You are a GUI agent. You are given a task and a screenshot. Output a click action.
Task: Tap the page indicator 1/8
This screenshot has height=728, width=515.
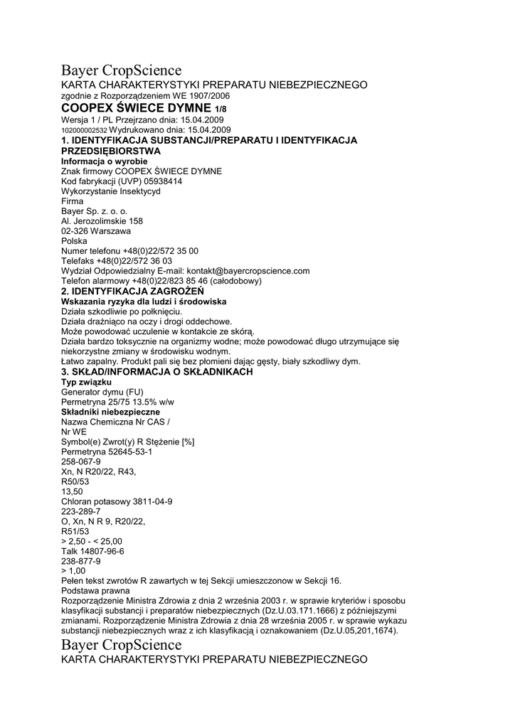pyautogui.click(x=221, y=109)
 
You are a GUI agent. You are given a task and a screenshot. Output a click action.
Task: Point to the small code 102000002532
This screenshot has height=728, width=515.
pyautogui.click(x=85, y=131)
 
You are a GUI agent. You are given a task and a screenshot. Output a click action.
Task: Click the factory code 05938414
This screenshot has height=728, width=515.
pyautogui.click(x=159, y=181)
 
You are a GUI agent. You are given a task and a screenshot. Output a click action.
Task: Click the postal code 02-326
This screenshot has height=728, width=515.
pyautogui.click(x=75, y=231)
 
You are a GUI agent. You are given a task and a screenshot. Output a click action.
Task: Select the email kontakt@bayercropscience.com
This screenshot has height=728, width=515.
pyautogui.click(x=248, y=271)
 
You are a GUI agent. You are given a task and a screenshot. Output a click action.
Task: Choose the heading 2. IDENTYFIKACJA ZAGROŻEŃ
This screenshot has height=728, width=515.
pyautogui.click(x=133, y=291)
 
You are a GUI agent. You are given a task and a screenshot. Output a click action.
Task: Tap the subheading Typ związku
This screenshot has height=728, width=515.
pyautogui.click(x=87, y=382)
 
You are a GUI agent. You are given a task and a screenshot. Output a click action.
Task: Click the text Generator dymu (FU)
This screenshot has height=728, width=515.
pyautogui.click(x=102, y=392)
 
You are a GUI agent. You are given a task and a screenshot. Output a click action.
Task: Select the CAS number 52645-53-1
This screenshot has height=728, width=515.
pyautogui.click(x=128, y=451)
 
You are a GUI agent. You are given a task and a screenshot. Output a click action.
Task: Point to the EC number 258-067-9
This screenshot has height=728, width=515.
pyautogui.click(x=81, y=461)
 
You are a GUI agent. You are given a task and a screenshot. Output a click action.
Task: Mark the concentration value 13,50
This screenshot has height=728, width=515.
pyautogui.click(x=73, y=491)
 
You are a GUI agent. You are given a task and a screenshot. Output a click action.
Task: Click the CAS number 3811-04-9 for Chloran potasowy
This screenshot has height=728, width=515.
pyautogui.click(x=148, y=501)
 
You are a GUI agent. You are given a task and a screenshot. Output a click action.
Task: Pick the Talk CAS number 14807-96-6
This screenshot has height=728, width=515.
pyautogui.click(x=103, y=551)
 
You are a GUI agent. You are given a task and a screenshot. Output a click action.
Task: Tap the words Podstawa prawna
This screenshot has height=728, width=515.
pyautogui.click(x=96, y=591)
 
